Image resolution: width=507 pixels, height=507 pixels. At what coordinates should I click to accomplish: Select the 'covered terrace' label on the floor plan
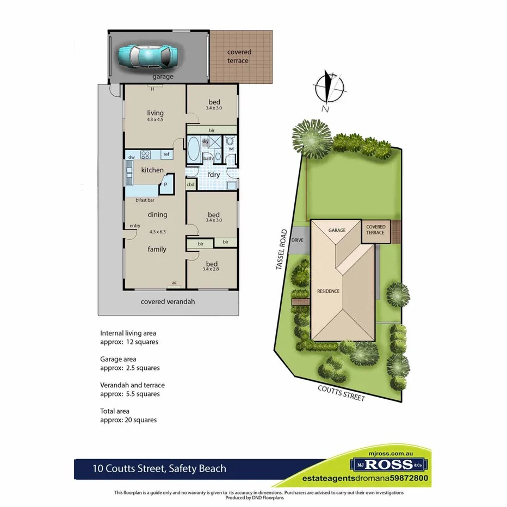pyautogui.click(x=238, y=57)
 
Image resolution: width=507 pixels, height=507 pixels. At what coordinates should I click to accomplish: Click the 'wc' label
pyautogui.click(x=231, y=148)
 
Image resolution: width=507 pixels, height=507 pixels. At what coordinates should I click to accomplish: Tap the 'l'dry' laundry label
pyautogui.click(x=213, y=175)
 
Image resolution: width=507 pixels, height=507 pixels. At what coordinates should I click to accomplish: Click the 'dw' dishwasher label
pyautogui.click(x=131, y=157)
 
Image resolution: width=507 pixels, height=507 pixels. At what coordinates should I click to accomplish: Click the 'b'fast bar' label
pyautogui.click(x=145, y=201)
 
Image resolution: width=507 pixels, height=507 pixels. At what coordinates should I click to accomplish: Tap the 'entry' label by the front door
pyautogui.click(x=134, y=226)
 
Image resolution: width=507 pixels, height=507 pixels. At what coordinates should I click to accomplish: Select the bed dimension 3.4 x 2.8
pyautogui.click(x=212, y=268)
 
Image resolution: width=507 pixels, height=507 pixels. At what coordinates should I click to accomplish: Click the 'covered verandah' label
pyautogui.click(x=168, y=301)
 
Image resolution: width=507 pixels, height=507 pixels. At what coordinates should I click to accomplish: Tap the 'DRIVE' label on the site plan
pyautogui.click(x=298, y=240)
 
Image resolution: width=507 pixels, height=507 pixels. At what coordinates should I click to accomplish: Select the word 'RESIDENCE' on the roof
pyautogui.click(x=329, y=291)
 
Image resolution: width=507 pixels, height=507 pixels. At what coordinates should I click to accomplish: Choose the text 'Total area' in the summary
pyautogui.click(x=115, y=411)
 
